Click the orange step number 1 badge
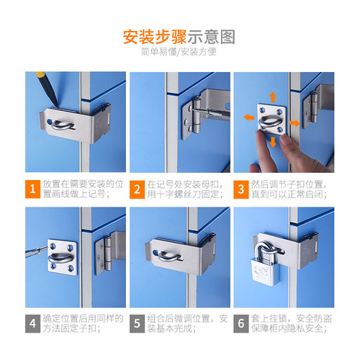[32, 189]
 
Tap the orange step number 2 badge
[137, 189]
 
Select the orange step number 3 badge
[241, 189]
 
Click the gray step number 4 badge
[32, 323]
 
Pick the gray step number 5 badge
[137, 323]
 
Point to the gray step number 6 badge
[241, 323]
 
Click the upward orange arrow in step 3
[273, 97]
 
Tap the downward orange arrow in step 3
[273, 142]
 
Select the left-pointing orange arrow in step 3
[249, 117]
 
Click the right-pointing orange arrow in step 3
[294, 123]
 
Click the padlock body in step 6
[266, 272]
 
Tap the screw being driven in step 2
[199, 111]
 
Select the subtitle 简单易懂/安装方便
[179, 52]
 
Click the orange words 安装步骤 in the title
[155, 37]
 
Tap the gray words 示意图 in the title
[211, 37]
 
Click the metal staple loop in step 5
[169, 256]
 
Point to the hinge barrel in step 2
[197, 115]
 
